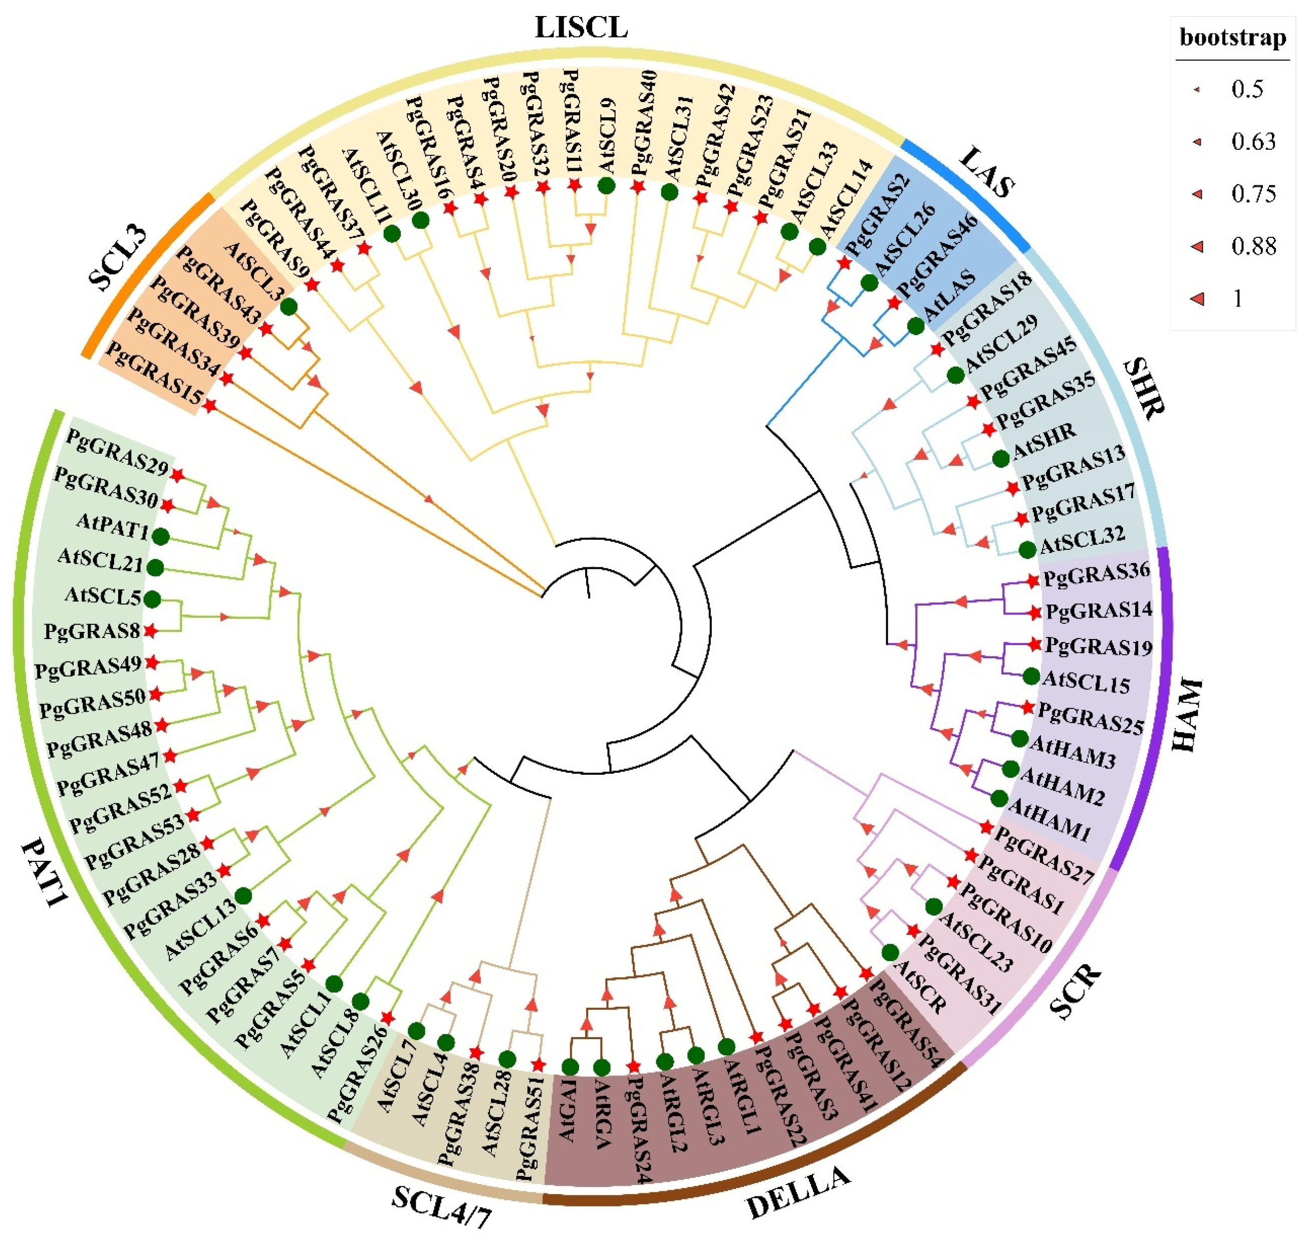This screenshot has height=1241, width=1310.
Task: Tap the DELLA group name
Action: click(x=797, y=1193)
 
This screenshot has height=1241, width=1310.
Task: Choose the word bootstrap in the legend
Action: click(x=1232, y=37)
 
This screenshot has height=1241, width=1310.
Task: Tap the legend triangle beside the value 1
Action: click(x=1197, y=299)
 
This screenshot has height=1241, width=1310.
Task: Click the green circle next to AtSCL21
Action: click(x=155, y=567)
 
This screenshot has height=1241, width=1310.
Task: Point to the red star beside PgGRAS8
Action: click(x=150, y=631)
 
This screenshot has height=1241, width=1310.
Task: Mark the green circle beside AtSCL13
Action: click(x=243, y=895)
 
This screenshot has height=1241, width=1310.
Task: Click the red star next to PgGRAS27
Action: click(x=986, y=827)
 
